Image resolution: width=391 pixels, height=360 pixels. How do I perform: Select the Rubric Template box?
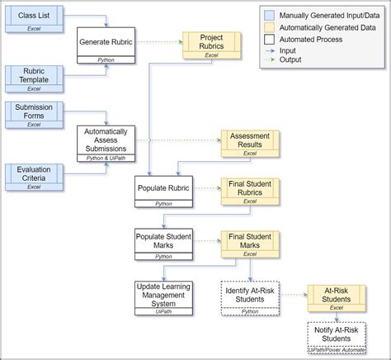click(32, 77)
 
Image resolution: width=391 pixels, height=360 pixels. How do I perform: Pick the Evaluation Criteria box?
click(32, 175)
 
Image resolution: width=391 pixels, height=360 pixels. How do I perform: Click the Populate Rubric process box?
click(163, 191)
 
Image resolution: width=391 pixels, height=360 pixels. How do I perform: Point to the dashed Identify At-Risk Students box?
click(248, 295)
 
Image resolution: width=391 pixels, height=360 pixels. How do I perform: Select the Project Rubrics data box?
click(211, 45)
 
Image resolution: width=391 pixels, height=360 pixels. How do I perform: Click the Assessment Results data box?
click(251, 143)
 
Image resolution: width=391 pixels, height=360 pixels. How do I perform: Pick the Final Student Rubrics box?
click(251, 191)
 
